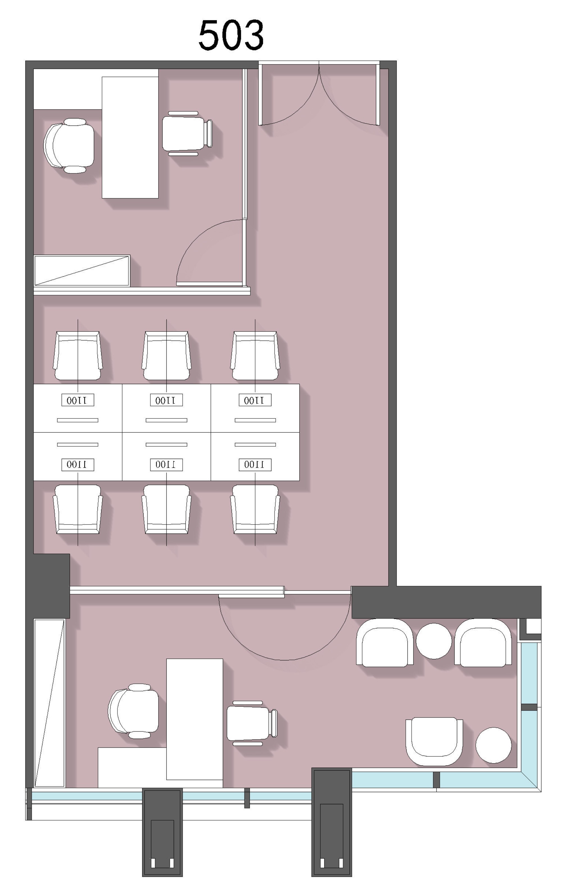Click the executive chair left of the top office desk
[x=69, y=145]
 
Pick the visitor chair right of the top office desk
[x=187, y=133]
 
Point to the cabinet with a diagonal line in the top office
[x=82, y=270]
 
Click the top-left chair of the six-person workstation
[x=78, y=355]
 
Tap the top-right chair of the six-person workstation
[x=255, y=355]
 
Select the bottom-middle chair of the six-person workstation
[x=166, y=509]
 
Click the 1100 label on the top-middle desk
[x=166, y=400]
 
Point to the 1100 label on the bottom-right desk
[x=255, y=465]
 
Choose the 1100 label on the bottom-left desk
[x=78, y=465]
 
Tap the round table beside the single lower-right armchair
[x=493, y=745]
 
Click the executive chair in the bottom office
[x=133, y=711]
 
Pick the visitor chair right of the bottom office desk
[x=252, y=723]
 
